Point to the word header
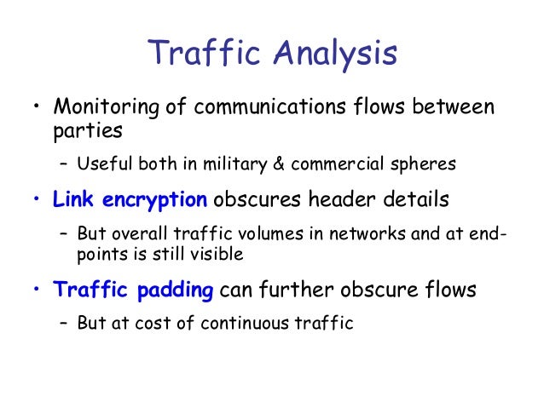(328, 200)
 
